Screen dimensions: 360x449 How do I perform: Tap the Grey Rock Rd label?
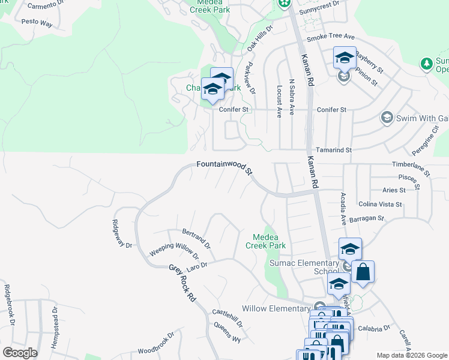click(182, 282)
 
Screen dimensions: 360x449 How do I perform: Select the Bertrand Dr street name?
click(196, 238)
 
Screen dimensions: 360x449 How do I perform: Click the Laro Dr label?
click(196, 265)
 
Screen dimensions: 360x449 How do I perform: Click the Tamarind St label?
click(331, 150)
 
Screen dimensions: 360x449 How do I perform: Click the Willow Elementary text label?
click(276, 308)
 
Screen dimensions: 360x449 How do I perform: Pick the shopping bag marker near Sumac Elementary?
click(363, 272)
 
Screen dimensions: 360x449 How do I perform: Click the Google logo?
click(20, 353)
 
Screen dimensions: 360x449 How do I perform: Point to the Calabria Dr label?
click(375, 328)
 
